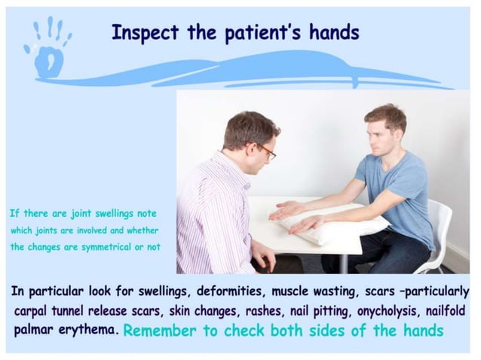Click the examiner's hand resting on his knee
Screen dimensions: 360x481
pyautogui.click(x=263, y=256)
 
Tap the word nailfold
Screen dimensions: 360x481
pyautogui.click(x=438, y=310)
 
